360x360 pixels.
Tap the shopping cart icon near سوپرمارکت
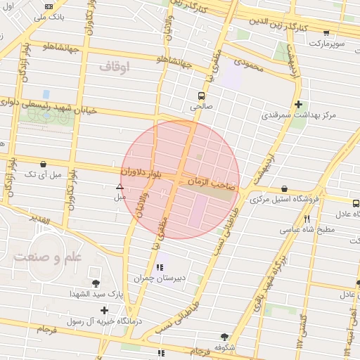pyautogui.click(x=326, y=32)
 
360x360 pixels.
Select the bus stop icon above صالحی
pyautogui.click(x=202, y=96)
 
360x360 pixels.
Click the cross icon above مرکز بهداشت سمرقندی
pyautogui.click(x=298, y=103)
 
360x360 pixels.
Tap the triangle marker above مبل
pyautogui.click(x=120, y=186)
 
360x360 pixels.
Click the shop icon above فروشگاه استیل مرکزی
pyautogui.click(x=284, y=188)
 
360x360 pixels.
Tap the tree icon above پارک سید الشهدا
pyautogui.click(x=96, y=283)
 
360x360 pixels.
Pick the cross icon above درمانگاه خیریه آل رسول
pyautogui.click(x=104, y=310)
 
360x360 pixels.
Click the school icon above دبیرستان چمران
pyautogui.click(x=160, y=266)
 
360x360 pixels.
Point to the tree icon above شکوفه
pyautogui.click(x=224, y=337)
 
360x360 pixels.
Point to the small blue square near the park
pyautogui.click(x=46, y=94)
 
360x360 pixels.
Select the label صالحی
pyautogui.click(x=201, y=108)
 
